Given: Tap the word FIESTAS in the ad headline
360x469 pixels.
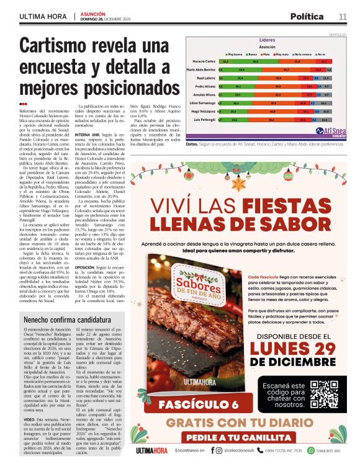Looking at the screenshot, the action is (x=295, y=206).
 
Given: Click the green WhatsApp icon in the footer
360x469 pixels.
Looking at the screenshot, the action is (x=302, y=450).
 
